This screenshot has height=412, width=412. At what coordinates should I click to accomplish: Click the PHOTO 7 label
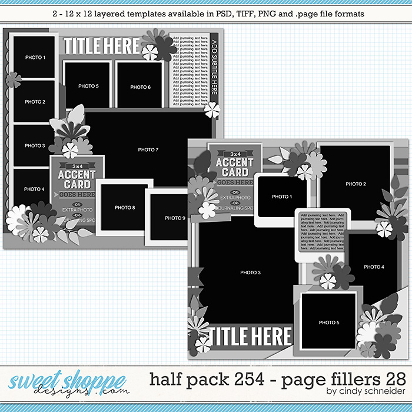148,150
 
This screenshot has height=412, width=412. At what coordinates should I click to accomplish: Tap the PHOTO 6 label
140,87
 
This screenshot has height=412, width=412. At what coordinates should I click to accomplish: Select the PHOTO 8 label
124,207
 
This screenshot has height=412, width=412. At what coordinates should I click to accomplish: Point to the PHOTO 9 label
175,218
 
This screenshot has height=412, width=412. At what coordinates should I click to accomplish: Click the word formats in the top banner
348,12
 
